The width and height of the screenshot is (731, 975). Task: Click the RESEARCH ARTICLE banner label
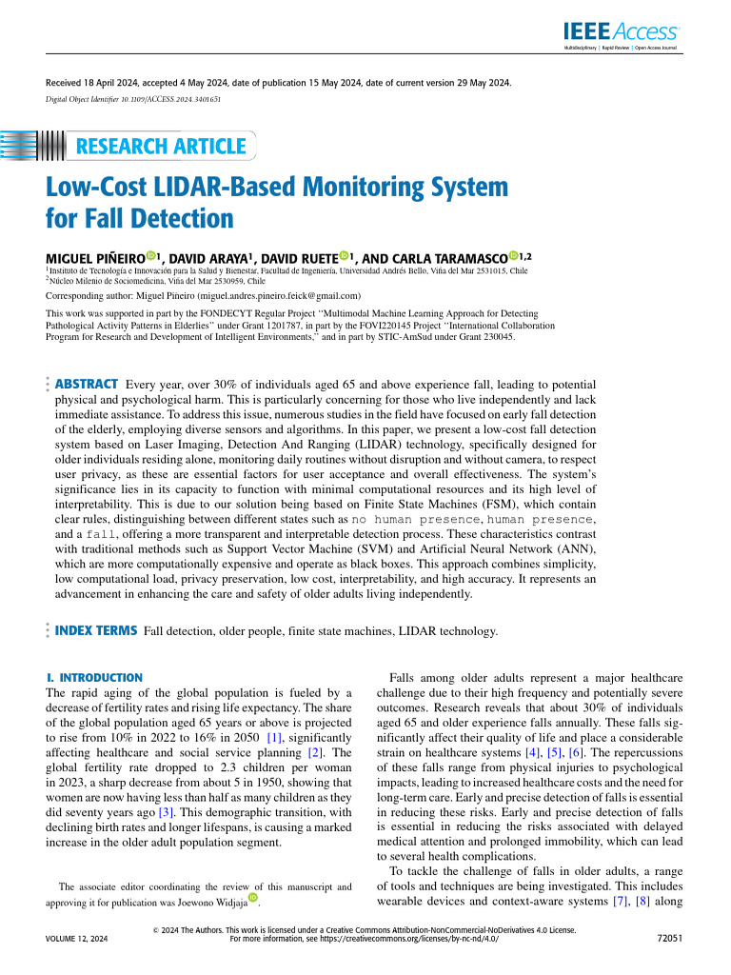160,147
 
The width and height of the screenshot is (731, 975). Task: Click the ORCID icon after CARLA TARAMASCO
513,256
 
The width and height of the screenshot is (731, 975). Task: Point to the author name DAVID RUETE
296,257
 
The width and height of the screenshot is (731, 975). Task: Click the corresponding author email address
275,296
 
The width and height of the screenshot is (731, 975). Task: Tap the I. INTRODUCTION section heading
94,677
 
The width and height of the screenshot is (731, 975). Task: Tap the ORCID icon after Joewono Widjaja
253,897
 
